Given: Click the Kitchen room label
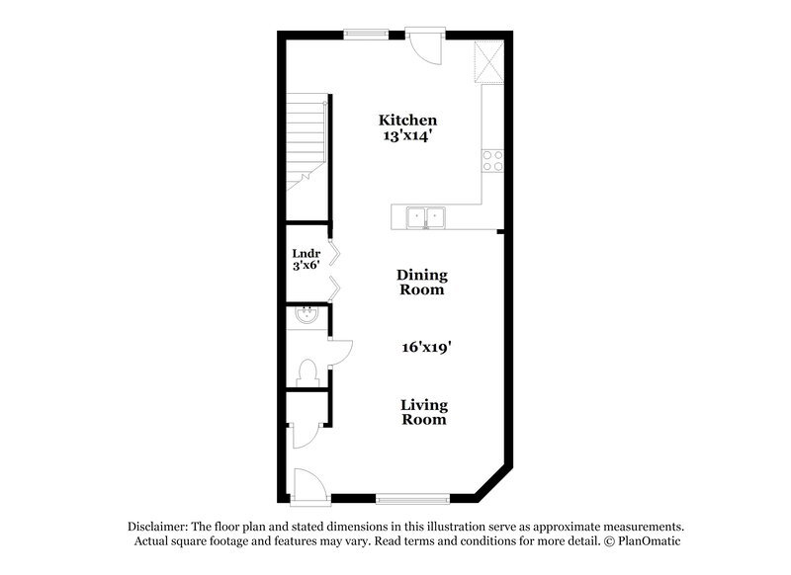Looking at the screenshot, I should coord(408,120).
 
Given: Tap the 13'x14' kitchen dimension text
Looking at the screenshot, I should coord(408,136).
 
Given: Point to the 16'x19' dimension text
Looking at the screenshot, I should coord(427,347).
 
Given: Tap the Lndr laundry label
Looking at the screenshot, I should coord(306,253).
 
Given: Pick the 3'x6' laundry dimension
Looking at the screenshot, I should coord(306,266).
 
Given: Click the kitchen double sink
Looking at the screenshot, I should coord(427,216).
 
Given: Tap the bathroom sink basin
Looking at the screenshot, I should coord(308,316).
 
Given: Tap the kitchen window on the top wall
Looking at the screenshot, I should coord(366,35).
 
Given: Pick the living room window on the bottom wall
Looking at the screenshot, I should coord(406,497).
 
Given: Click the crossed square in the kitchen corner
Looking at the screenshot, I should coord(489,59).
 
